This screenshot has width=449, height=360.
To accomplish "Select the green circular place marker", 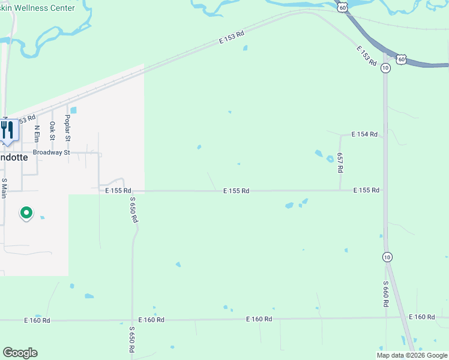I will pyautogui.click(x=26, y=213).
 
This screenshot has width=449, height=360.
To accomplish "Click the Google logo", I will pyautogui.click(x=20, y=353).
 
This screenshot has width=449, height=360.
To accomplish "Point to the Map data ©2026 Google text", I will pyautogui.click(x=412, y=355).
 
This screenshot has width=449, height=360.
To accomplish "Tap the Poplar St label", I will pyautogui.click(x=68, y=129).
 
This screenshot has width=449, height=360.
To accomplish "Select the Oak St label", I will pyautogui.click(x=52, y=130).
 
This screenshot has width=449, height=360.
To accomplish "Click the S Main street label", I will pyautogui.click(x=4, y=188).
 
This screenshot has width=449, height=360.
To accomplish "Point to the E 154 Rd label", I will pyautogui.click(x=364, y=134).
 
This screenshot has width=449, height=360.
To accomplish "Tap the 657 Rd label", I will pyautogui.click(x=340, y=163).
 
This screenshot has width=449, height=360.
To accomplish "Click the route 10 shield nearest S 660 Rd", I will pyautogui.click(x=386, y=256).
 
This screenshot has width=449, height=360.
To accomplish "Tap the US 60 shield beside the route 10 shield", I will pyautogui.click(x=401, y=59).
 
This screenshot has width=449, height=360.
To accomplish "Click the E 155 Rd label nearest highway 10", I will pyautogui.click(x=366, y=190).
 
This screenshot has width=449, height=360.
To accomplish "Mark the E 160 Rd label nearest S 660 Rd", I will pyautogui.click(x=421, y=317).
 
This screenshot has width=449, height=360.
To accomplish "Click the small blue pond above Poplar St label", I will pyautogui.click(x=73, y=110).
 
